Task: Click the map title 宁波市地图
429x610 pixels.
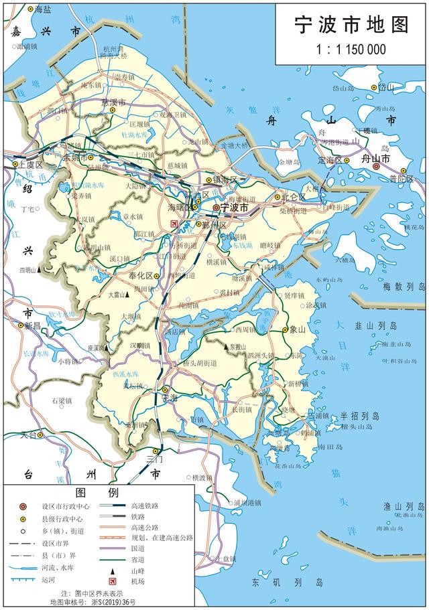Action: pyautogui.click(x=352, y=25)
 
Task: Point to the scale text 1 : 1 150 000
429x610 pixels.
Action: pyautogui.click(x=351, y=50)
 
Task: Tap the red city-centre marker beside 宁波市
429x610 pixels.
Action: pyautogui.click(x=216, y=208)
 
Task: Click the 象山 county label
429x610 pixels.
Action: pyautogui.click(x=297, y=329)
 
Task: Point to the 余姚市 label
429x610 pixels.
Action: pyautogui.click(x=75, y=159)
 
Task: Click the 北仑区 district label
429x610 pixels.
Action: pyautogui.click(x=294, y=197)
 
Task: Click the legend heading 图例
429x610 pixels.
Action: pyautogui.click(x=98, y=493)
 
